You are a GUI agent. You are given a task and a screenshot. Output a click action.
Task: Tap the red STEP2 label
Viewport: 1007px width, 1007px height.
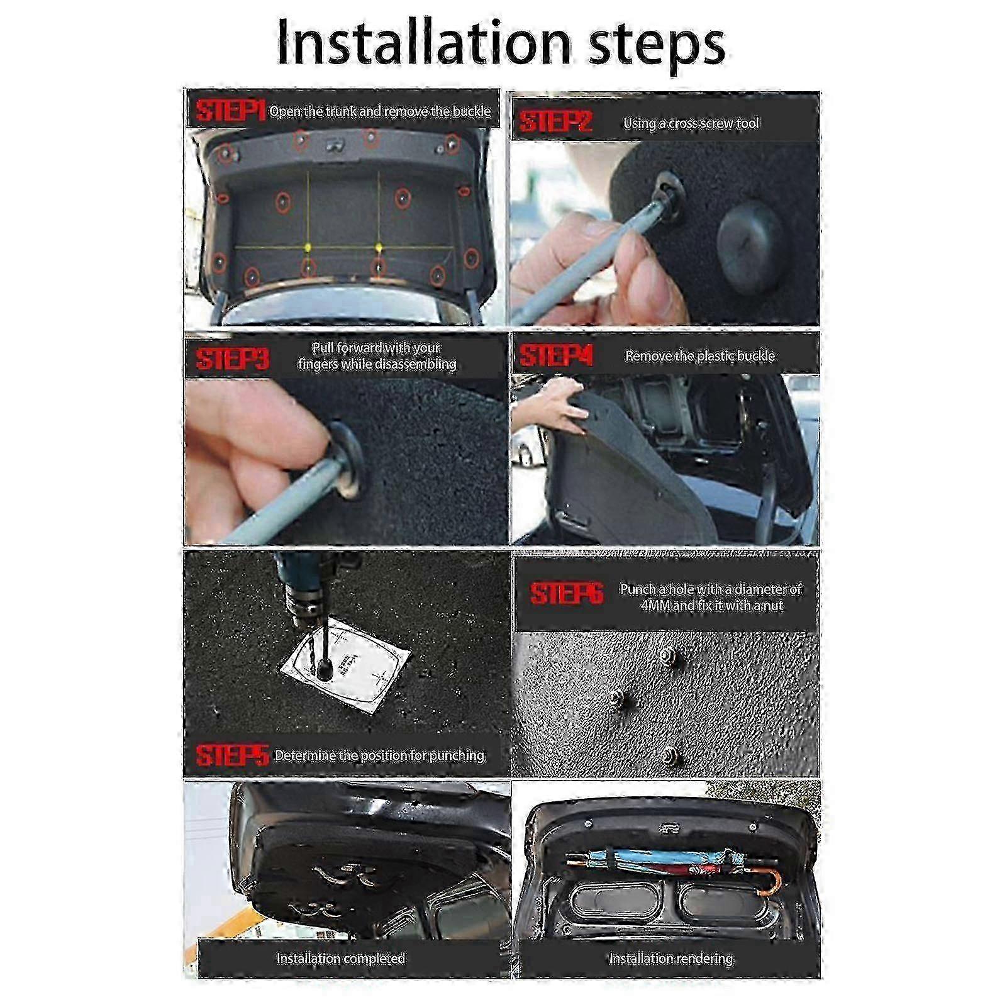(x=556, y=121)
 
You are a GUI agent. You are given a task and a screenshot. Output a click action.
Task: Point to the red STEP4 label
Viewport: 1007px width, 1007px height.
(x=556, y=356)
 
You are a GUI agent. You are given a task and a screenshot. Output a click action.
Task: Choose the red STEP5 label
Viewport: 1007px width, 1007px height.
(x=231, y=755)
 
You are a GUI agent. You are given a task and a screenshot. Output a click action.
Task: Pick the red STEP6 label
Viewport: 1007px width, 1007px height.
(x=566, y=593)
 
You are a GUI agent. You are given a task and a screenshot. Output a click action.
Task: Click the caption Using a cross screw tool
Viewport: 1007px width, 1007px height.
(x=691, y=123)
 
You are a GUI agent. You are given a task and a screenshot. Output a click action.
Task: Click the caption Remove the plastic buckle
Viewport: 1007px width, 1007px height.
(x=699, y=356)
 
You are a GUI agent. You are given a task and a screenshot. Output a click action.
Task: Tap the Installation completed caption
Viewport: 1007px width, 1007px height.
(x=340, y=959)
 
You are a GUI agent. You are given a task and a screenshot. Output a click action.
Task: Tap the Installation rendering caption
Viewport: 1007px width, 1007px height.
(x=670, y=959)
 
